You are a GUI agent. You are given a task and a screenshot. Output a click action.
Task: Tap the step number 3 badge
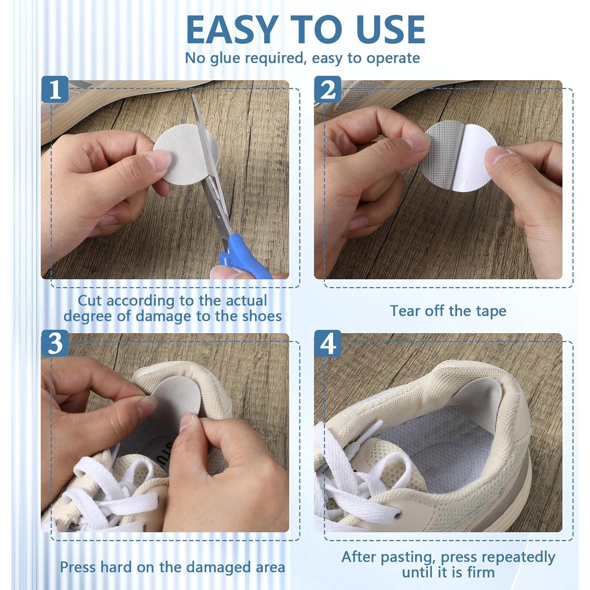point(55,343)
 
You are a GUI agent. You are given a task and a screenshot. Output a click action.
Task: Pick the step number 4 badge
point(327,343)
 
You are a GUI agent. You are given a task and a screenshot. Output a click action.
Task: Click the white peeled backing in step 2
point(474,157)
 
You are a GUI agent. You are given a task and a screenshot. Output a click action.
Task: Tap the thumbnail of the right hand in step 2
point(496,157)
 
